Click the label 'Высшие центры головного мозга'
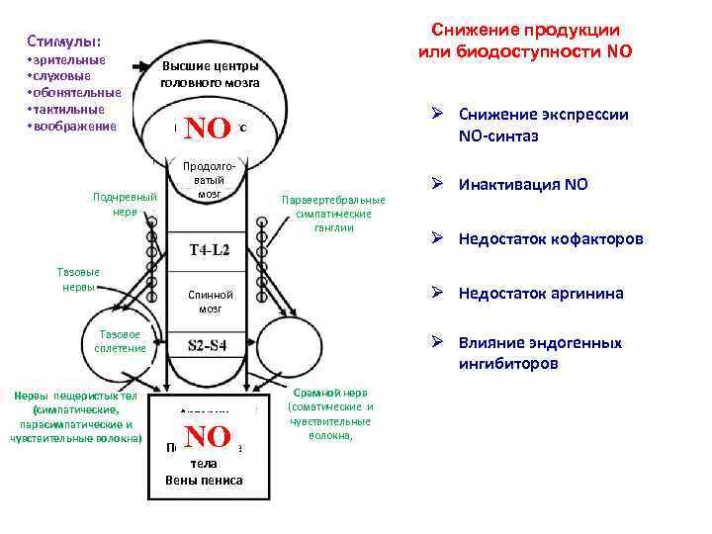tap(210, 74)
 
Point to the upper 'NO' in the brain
tap(208, 128)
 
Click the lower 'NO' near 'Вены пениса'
tap(208, 436)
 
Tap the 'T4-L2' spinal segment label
tap(209, 250)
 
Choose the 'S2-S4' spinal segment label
tap(209, 345)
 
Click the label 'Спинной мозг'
tap(209, 302)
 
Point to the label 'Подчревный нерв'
tap(125, 204)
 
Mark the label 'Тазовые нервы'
tap(76, 280)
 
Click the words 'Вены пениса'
tap(204, 482)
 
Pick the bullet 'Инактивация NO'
tap(521, 185)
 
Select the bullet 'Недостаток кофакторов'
tap(549, 239)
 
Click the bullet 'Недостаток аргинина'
tap(540, 293)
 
